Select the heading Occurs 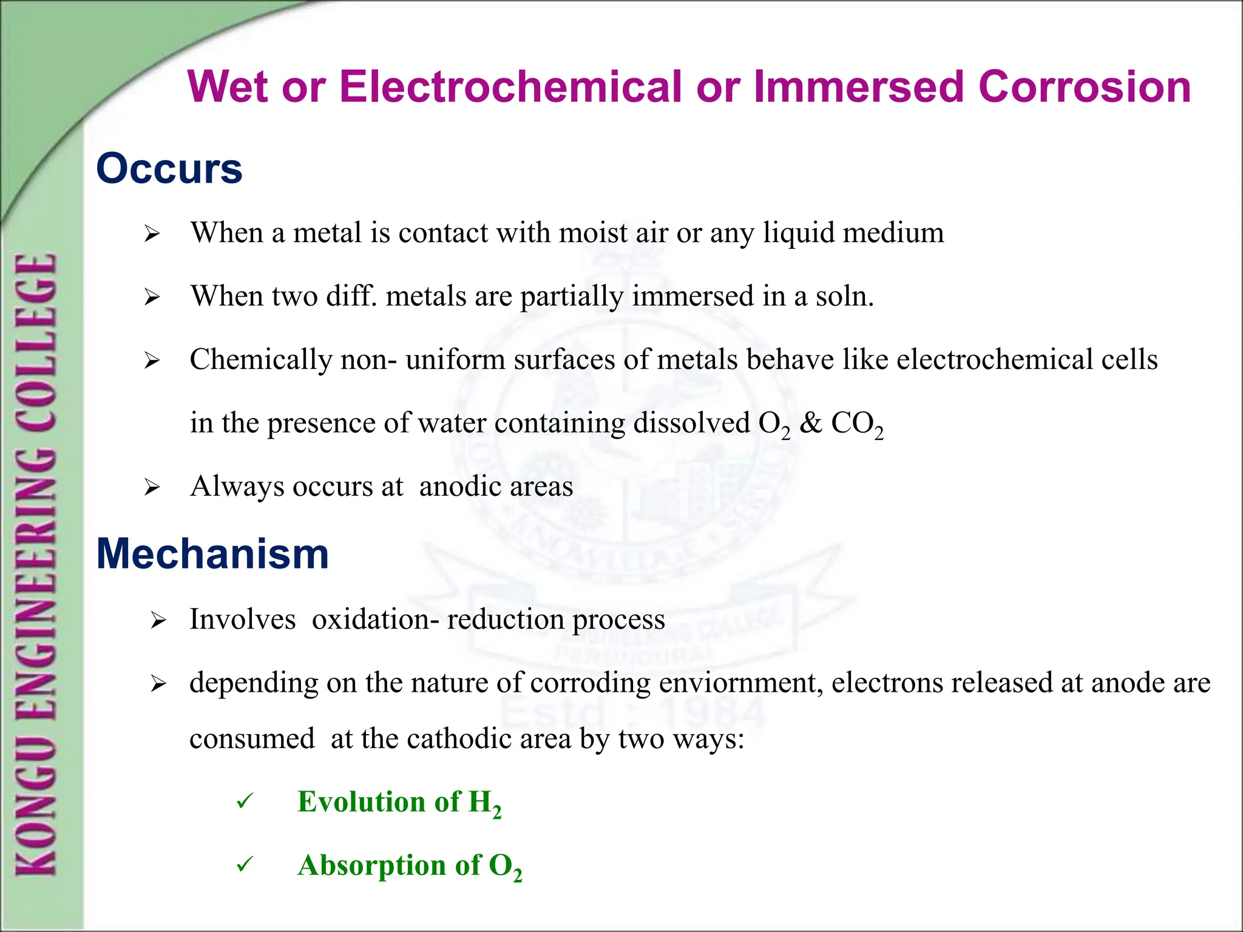click(169, 169)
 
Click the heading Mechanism click(212, 554)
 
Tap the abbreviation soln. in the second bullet click(845, 296)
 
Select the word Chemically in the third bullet click(261, 360)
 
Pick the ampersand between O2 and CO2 click(810, 423)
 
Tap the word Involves click(243, 620)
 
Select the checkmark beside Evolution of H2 click(245, 802)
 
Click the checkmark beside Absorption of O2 click(245, 865)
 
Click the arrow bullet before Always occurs click(152, 487)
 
